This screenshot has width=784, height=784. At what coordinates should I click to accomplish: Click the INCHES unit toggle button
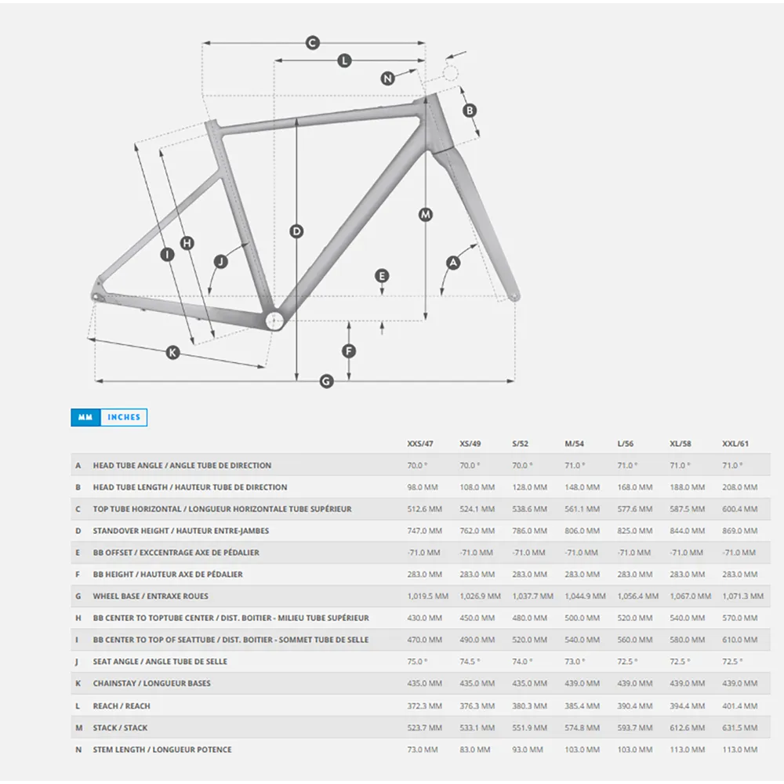124,417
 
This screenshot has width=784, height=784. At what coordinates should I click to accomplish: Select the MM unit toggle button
85,417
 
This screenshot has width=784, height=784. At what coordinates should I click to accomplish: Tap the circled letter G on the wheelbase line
326,382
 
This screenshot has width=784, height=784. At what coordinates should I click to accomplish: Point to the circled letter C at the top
313,42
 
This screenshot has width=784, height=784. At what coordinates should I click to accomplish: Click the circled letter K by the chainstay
172,353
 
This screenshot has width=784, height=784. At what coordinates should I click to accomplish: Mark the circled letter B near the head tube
470,111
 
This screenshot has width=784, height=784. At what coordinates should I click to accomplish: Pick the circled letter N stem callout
387,78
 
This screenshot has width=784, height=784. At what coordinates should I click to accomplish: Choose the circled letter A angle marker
453,263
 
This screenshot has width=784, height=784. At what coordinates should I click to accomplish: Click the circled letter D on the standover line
296,231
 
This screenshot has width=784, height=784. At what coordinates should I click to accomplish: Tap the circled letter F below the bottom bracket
349,351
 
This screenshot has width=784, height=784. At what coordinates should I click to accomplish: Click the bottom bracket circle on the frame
274,321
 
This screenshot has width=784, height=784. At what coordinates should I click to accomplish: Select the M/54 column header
574,444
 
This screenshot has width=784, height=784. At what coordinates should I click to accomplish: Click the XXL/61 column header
735,444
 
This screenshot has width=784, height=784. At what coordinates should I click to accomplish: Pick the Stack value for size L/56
634,728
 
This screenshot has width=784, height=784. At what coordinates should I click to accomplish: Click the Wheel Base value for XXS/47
427,596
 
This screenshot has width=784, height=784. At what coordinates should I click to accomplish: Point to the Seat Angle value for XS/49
470,662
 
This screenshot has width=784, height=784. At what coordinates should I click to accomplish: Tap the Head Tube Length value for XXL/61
739,487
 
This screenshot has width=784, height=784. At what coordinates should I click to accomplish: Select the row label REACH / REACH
122,706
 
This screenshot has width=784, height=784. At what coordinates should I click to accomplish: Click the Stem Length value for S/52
528,750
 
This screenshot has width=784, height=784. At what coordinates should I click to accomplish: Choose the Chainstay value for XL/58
687,683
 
